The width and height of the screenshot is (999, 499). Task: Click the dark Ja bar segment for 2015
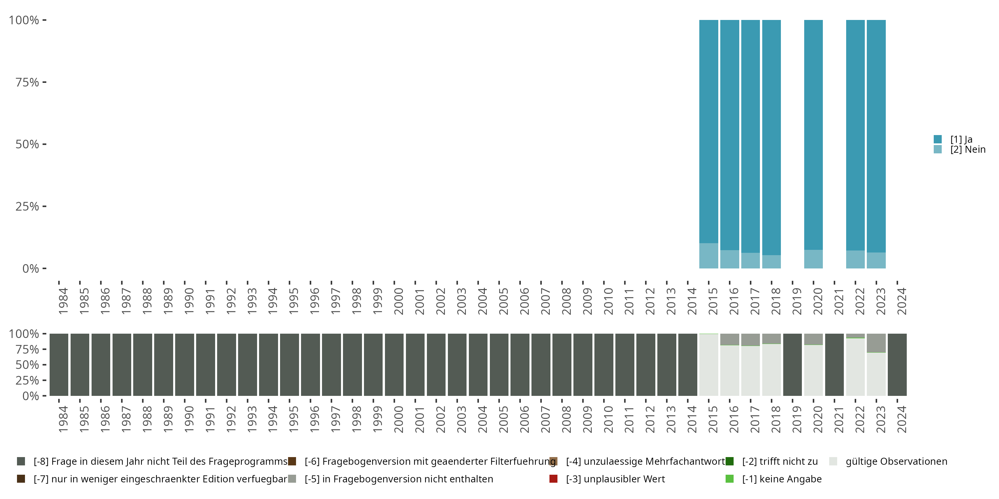tap(708, 132)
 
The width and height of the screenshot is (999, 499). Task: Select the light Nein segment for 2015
tap(708, 256)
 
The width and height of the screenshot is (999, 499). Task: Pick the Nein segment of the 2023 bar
tap(876, 260)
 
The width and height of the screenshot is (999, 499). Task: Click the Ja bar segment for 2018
tap(771, 137)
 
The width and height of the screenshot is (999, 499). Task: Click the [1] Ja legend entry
tap(961, 139)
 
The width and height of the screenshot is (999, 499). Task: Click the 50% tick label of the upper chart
tap(27, 144)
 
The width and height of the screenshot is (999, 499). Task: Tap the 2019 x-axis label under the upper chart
tap(796, 301)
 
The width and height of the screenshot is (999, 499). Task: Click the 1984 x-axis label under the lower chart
tap(63, 419)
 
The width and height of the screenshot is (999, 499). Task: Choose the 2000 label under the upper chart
tap(398, 301)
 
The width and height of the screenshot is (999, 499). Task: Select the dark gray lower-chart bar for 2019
tap(792, 365)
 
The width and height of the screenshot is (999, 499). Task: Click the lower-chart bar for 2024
tap(897, 365)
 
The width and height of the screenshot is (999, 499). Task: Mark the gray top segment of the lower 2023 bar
tap(876, 343)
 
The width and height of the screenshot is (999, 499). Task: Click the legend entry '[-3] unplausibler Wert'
tap(615, 479)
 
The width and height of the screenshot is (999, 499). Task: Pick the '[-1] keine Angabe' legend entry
tap(782, 479)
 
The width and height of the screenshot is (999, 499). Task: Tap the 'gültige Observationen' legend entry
tap(896, 461)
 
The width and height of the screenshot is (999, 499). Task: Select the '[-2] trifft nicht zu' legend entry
tap(780, 461)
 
